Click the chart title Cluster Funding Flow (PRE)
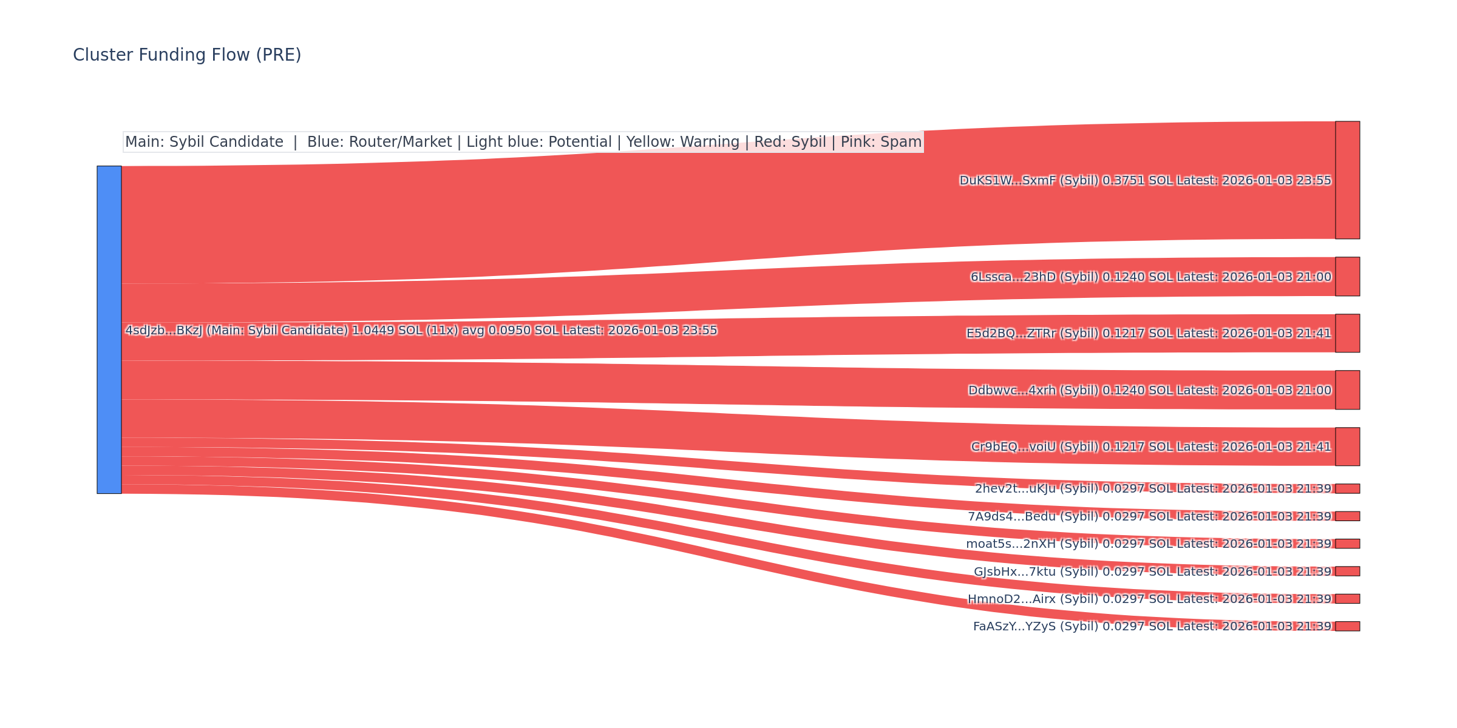click(187, 55)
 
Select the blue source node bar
click(109, 329)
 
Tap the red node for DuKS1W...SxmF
click(1347, 180)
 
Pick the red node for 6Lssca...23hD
click(1347, 277)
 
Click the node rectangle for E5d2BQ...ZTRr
click(1347, 333)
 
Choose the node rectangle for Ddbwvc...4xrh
click(1347, 390)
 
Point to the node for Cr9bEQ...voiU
click(1347, 447)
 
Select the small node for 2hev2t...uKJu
click(1347, 488)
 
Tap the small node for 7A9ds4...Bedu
click(1347, 516)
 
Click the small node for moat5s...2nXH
click(1347, 544)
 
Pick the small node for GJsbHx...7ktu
click(1347, 571)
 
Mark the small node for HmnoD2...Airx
click(1347, 599)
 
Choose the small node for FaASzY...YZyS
click(1347, 626)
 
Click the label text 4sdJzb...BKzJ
click(164, 331)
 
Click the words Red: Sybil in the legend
click(790, 142)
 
